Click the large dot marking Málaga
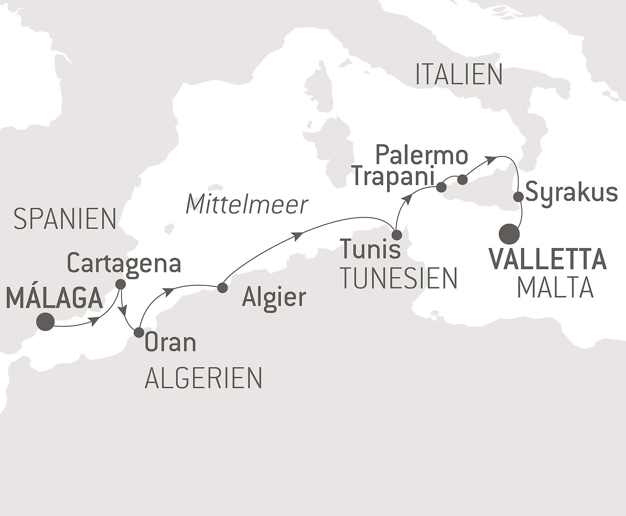coord(46,322)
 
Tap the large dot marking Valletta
coord(509,234)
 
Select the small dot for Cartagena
coord(120,284)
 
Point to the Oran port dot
coord(139,332)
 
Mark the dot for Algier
coord(222,288)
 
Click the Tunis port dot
coord(397,235)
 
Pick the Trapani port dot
coord(441,187)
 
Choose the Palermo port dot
coord(463,180)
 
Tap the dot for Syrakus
coord(519,197)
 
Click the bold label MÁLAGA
coord(54,298)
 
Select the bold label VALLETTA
coord(548,259)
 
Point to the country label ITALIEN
coord(459,75)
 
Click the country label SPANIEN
coord(65,219)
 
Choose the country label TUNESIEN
coord(399,278)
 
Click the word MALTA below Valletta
coord(555,288)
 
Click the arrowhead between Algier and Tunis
coord(298,236)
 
